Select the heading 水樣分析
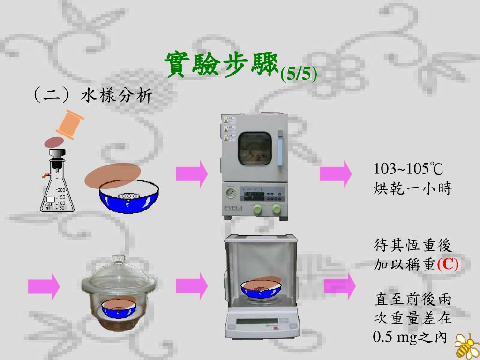coord(117,96)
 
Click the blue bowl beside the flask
coord(128,199)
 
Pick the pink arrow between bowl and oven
coord(192,174)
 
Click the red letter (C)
coord(448,264)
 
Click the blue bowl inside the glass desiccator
coord(119,309)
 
